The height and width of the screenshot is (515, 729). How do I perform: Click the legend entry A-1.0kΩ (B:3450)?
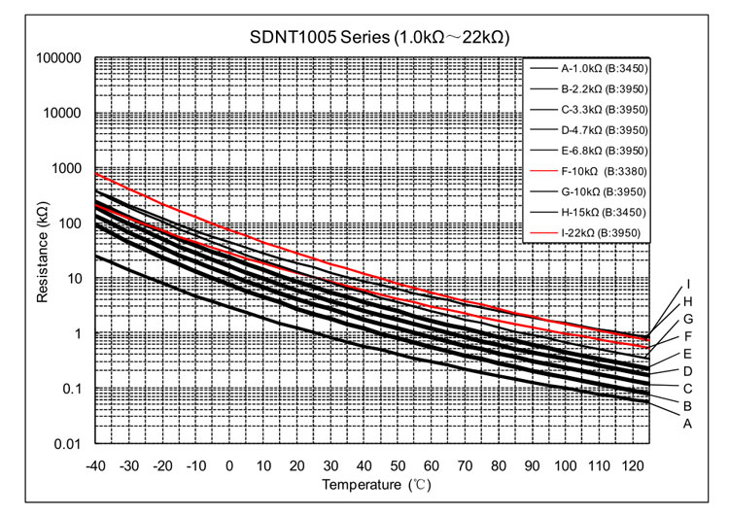point(604,69)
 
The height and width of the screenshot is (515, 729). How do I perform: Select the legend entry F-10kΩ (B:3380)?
point(604,171)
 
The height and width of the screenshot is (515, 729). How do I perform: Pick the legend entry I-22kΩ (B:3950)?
point(604,232)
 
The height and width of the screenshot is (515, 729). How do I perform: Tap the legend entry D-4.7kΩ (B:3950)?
point(604,130)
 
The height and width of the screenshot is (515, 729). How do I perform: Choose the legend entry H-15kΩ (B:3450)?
point(604,212)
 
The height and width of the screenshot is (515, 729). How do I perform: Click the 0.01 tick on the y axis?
point(67,445)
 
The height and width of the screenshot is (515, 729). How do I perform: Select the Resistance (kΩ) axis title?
point(43,251)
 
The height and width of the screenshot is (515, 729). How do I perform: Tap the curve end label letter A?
point(686,424)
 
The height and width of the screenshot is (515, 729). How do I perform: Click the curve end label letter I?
point(687,285)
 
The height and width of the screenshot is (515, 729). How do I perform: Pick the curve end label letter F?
point(686,336)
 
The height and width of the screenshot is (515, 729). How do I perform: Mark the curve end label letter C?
point(686,389)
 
